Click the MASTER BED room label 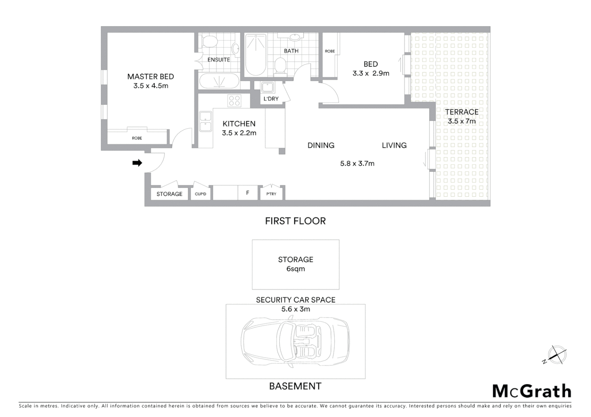click(150, 77)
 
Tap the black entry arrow click(137, 163)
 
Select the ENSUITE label click(219, 60)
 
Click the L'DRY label click(271, 99)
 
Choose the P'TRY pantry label click(271, 194)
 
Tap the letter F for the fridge click(248, 193)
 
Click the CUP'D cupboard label click(200, 194)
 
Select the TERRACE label click(461, 112)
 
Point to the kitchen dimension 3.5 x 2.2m click(239, 133)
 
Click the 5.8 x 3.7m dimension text click(357, 163)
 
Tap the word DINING click(321, 146)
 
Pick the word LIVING click(394, 146)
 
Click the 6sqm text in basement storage click(295, 269)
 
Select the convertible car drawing click(295, 341)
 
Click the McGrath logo click(532, 391)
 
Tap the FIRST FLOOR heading click(295, 221)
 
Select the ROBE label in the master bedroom click(137, 138)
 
